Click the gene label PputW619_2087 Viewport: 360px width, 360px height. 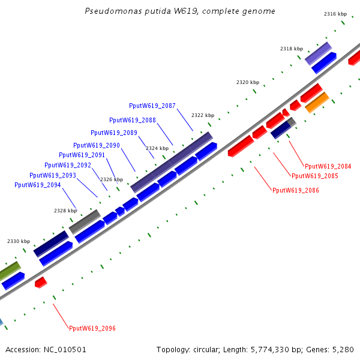tap(152, 106)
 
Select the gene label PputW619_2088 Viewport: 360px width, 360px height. tap(133, 120)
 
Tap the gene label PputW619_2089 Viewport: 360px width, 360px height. tap(114, 133)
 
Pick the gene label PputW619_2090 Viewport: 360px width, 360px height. tap(97, 145)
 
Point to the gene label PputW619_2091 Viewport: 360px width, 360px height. tap(82, 155)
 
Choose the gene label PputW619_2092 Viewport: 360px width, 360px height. tap(68, 165)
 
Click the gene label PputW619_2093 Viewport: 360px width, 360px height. tap(53, 175)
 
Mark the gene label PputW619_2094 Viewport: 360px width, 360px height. tap(38, 185)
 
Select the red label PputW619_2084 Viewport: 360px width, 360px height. tap(328, 166)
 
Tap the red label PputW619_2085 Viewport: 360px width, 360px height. tap(315, 176)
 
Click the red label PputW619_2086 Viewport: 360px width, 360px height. tap(296, 190)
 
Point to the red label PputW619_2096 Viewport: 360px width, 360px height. tap(92, 328)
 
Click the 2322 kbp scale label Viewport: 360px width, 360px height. tap(203, 115)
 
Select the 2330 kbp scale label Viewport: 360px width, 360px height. tap(19, 241)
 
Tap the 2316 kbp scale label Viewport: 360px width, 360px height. tap(335, 14)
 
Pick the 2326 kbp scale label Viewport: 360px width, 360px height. tap(112, 179)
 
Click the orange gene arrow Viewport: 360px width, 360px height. tap(317, 103)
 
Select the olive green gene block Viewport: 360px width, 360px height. tap(9, 271)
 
